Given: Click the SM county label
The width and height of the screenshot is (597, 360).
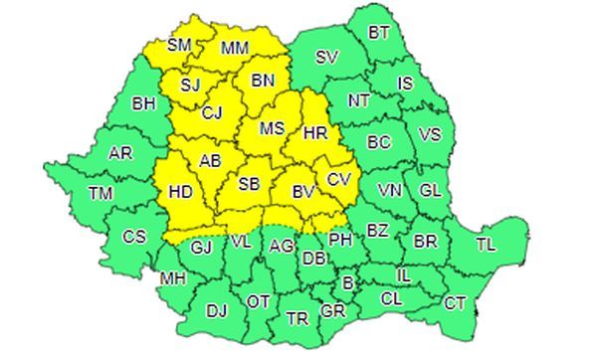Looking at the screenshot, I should coord(179,45).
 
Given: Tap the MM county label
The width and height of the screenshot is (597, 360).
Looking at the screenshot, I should coord(235,48).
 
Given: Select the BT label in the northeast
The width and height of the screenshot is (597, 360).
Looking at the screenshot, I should coord(379,33).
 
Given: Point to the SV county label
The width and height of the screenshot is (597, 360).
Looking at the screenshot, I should coord(325,57).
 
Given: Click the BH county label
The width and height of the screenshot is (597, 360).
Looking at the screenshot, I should coord(144,101).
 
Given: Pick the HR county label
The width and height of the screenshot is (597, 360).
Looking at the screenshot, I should coord(314,131).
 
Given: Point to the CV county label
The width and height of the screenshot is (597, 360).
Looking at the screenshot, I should coord(338,179).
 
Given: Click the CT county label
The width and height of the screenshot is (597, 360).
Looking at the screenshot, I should coord(456,302).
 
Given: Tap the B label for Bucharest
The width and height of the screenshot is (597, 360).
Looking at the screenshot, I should coord(346,284).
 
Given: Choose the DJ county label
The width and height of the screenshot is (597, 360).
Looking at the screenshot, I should coord(217,310).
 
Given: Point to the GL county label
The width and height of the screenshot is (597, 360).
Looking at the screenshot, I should coord(430,189).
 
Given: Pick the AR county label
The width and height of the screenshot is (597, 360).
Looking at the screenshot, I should coord(119,155).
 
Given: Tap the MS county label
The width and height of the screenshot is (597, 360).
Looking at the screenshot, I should coord(272,129).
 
